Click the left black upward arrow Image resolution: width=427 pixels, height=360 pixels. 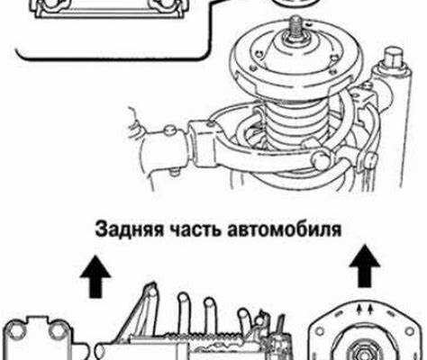(95, 276)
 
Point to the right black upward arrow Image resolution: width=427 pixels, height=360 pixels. (365, 265)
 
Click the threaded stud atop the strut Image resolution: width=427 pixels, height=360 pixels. (295, 29)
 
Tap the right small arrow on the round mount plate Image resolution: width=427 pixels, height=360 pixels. (370, 309)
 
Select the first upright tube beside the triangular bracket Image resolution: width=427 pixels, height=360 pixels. (184, 312)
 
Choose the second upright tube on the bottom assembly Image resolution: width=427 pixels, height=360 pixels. (209, 314)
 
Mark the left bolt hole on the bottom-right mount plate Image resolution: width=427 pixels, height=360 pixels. (320, 331)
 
